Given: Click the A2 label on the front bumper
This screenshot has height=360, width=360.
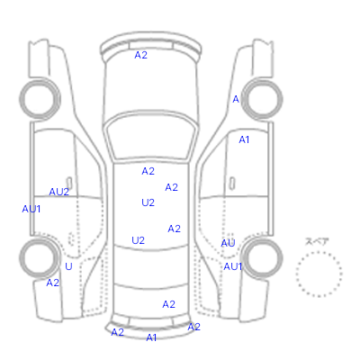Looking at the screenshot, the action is pyautogui.click(x=140, y=55).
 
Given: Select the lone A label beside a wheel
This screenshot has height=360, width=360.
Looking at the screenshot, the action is pyautogui.click(x=236, y=99).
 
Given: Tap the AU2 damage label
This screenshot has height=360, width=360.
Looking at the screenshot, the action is pyautogui.click(x=59, y=192).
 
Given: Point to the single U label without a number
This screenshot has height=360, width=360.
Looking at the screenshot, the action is pyautogui.click(x=68, y=266).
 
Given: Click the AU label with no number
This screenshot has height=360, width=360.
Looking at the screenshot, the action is pyautogui.click(x=228, y=243).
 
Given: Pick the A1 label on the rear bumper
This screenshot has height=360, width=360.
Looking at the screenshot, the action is pyautogui.click(x=151, y=337).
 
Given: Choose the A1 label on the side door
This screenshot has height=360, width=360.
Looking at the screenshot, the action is pyautogui.click(x=244, y=139).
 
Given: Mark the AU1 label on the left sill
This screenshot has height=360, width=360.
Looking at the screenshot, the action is pyautogui.click(x=31, y=209).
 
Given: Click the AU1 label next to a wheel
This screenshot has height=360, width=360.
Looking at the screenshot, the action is pyautogui.click(x=233, y=266).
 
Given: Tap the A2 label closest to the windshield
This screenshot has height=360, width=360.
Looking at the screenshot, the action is pyautogui.click(x=148, y=171).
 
